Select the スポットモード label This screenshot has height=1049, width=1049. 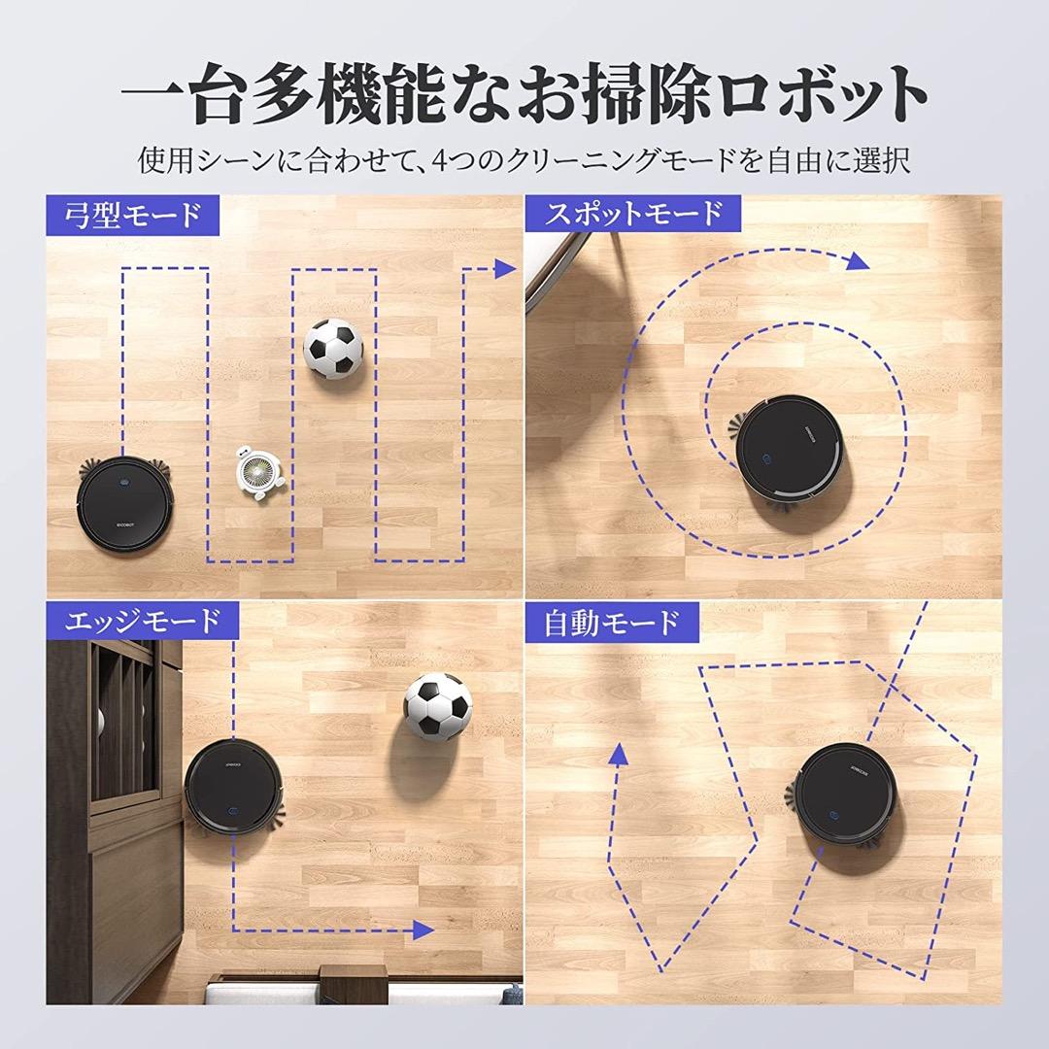(632, 214)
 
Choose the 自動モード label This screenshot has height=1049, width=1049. (612, 622)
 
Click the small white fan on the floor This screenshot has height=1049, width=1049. (261, 474)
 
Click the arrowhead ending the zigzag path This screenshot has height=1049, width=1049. (503, 269)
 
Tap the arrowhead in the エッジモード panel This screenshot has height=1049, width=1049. (422, 930)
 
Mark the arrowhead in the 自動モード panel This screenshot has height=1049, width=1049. (616, 757)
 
